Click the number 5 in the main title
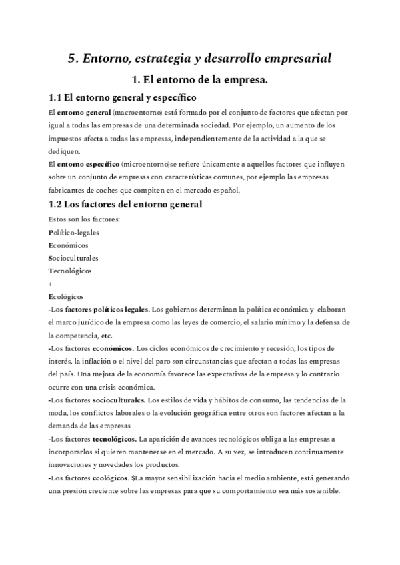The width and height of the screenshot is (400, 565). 72,59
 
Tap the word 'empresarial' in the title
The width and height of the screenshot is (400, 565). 296,59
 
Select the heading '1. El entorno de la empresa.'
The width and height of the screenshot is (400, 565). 199,81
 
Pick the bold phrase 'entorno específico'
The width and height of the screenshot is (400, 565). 89,163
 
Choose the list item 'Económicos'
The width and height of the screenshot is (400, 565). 69,245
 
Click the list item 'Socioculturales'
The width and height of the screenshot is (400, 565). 74,258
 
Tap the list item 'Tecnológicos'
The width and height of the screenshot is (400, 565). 71,271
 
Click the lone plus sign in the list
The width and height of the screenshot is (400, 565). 51,283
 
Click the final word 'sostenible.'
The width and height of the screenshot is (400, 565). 320,491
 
